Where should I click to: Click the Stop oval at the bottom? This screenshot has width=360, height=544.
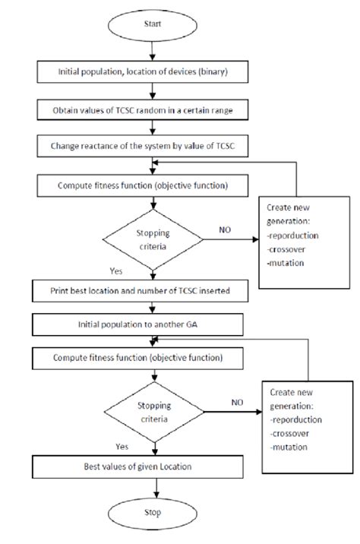tap(155, 512)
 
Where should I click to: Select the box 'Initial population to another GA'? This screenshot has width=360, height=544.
tap(155, 324)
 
